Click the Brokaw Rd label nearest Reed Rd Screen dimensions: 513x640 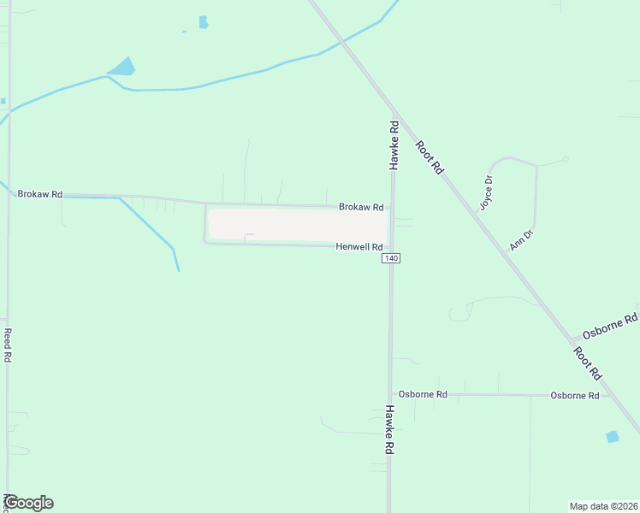[x=40, y=194]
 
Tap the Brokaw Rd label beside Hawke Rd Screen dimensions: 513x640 [x=360, y=207]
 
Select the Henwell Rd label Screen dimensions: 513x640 [x=359, y=246]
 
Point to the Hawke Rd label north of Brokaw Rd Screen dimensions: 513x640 [x=394, y=144]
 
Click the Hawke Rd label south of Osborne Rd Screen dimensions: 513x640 [x=389, y=429]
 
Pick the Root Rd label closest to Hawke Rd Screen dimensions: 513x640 [x=429, y=157]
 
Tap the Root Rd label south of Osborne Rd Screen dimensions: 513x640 [x=588, y=363]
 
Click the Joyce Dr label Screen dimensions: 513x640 [x=487, y=192]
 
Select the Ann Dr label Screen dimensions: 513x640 [x=521, y=239]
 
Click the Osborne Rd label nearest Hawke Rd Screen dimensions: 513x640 [x=424, y=394]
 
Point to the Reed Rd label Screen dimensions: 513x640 [x=7, y=345]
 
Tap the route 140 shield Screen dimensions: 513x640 [x=391, y=258]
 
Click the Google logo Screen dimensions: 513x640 [x=29, y=503]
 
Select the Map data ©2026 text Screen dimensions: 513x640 [x=603, y=505]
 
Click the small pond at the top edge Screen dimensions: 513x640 [x=204, y=22]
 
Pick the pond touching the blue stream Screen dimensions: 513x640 [x=122, y=67]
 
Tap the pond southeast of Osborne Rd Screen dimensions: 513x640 [x=612, y=437]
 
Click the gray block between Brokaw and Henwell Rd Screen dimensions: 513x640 [x=298, y=225]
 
